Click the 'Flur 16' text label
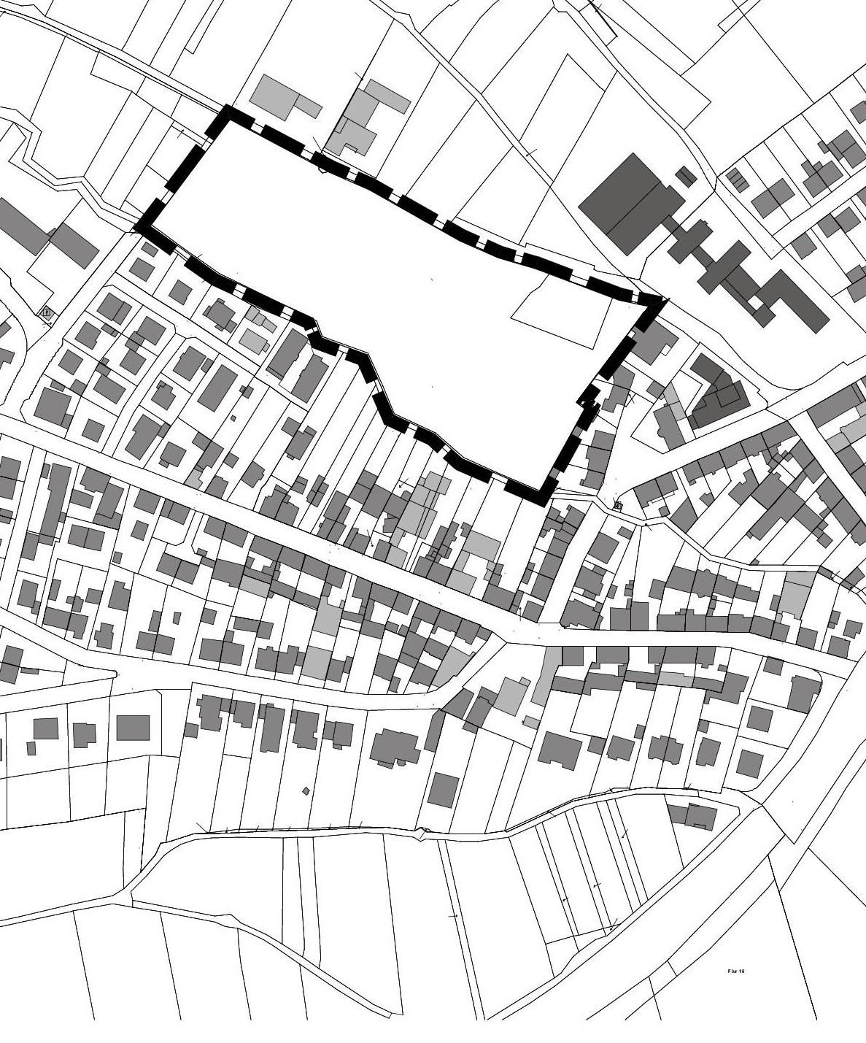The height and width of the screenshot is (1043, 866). (735, 971)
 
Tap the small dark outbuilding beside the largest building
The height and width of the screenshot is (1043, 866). (685, 175)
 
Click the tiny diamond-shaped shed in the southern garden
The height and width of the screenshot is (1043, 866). (306, 790)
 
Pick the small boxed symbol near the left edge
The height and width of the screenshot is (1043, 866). (47, 312)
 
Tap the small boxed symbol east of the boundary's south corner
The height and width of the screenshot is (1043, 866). (619, 504)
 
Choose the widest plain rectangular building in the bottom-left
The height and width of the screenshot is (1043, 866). (133, 728)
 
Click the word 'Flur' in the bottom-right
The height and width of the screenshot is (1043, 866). (732, 971)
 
